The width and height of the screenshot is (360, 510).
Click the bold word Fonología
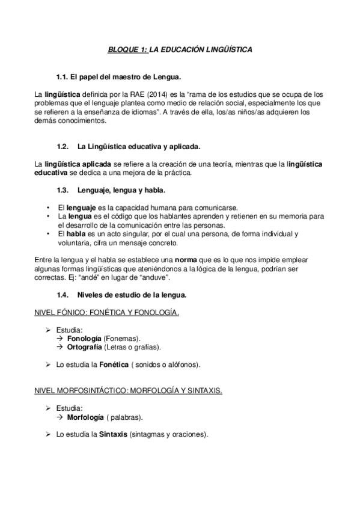pyautogui.click(x=84, y=339)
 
